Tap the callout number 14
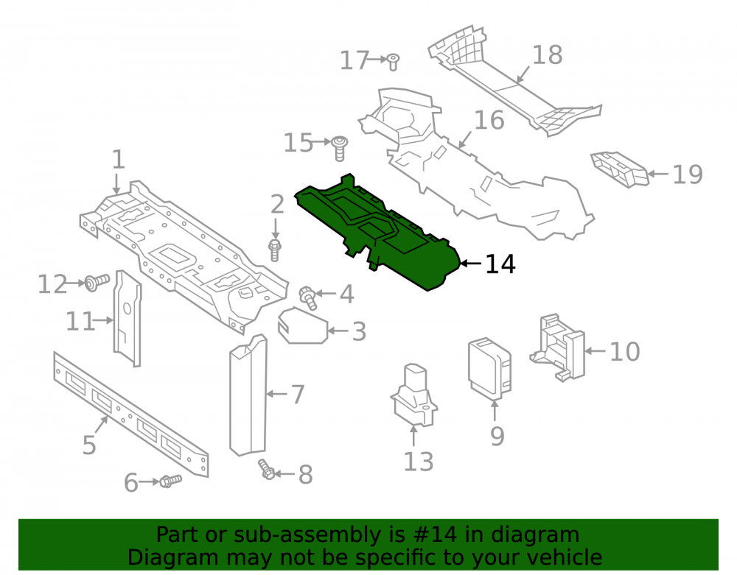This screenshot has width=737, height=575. (x=500, y=264)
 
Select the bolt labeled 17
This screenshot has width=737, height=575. (x=394, y=62)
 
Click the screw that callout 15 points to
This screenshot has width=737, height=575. (x=340, y=148)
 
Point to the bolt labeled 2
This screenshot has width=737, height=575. (x=274, y=250)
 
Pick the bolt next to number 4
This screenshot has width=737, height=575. (x=308, y=297)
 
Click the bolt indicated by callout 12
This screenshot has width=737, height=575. (x=97, y=283)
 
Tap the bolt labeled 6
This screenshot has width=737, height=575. (x=170, y=481)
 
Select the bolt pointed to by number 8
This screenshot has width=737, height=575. (x=266, y=469)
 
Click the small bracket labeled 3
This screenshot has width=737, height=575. (x=303, y=325)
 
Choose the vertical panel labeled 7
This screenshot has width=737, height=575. (x=248, y=395)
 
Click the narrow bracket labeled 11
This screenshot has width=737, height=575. (x=128, y=318)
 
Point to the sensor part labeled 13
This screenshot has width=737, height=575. (x=413, y=396)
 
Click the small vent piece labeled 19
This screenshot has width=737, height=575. (x=620, y=169)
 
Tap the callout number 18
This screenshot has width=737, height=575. (x=547, y=55)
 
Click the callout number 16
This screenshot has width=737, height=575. (x=489, y=120)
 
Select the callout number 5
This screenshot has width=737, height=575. (x=89, y=445)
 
